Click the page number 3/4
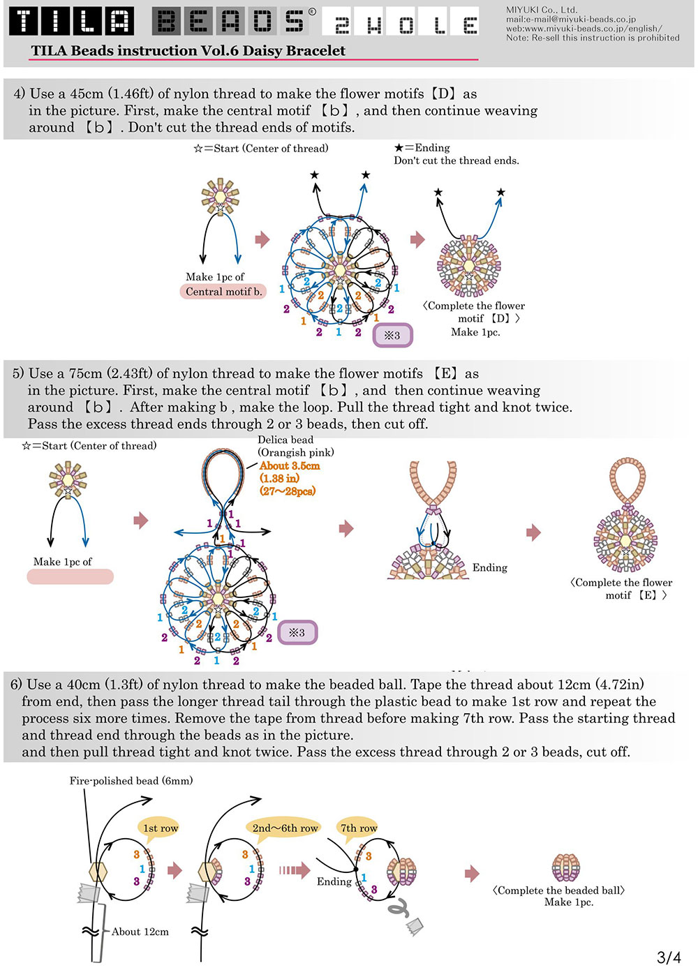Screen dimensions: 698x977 (x=669, y=957)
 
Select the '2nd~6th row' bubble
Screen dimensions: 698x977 (x=285, y=828)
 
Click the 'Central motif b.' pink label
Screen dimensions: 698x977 (x=223, y=292)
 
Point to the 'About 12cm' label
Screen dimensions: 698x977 (x=140, y=932)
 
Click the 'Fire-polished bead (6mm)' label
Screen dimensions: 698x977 (x=131, y=780)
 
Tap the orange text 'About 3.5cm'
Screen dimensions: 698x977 (x=290, y=465)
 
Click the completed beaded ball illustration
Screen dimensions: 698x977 (x=565, y=868)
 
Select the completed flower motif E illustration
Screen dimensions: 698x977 (x=625, y=515)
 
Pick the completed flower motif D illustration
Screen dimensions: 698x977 (x=469, y=266)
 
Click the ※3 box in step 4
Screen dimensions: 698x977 (x=392, y=335)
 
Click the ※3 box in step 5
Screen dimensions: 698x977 (x=297, y=632)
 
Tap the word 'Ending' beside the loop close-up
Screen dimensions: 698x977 (x=489, y=567)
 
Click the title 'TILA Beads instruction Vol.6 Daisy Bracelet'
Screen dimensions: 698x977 (x=188, y=50)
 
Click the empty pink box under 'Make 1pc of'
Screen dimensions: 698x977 (x=70, y=576)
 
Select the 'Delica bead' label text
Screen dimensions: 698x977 (x=285, y=440)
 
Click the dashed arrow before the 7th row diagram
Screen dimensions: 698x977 (x=295, y=871)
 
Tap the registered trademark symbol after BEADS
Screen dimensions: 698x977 (x=313, y=12)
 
